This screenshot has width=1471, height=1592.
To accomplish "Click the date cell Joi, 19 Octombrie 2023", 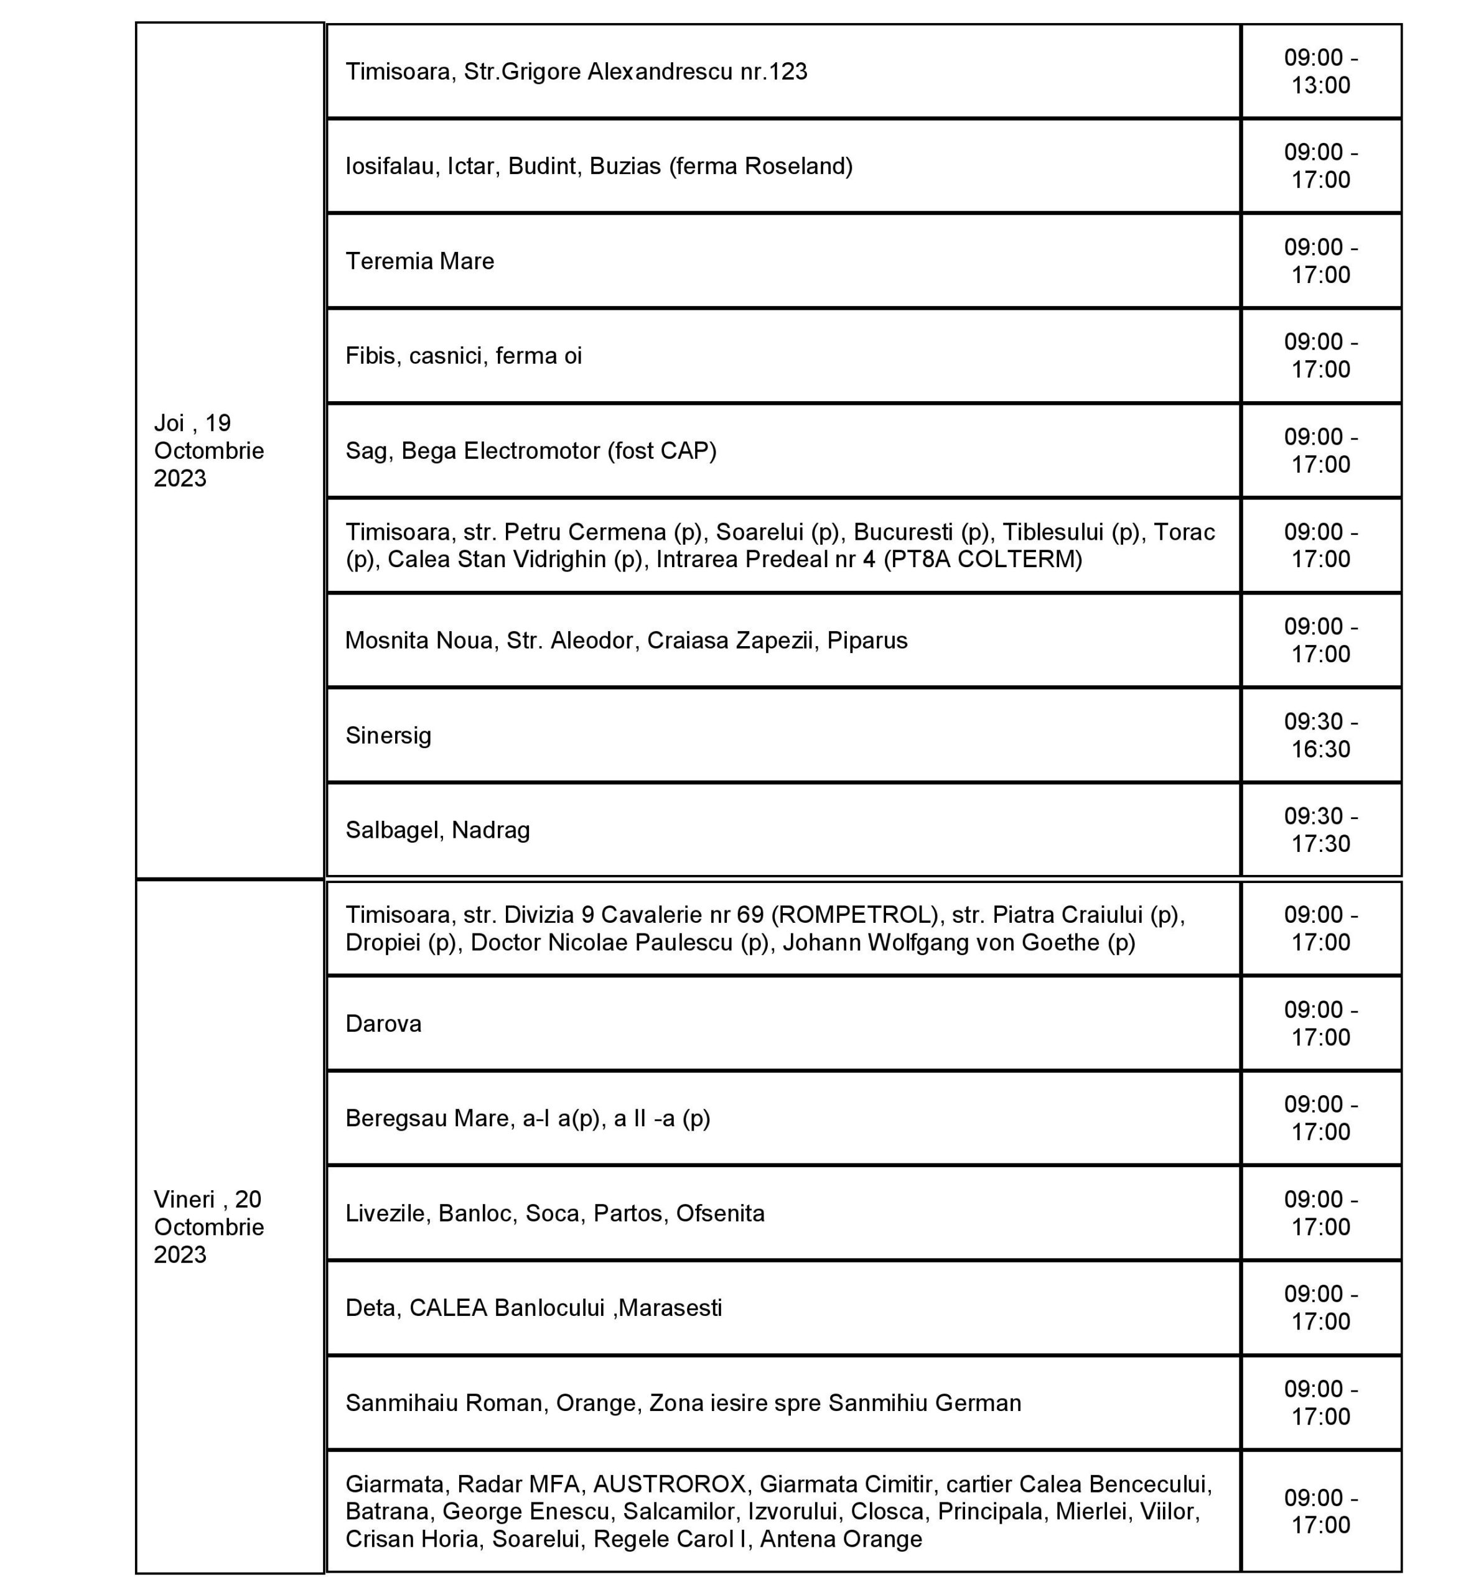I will pos(208,450).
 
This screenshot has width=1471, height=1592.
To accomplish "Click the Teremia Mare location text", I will pos(419,261).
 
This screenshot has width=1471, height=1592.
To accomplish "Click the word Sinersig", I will pos(388,735).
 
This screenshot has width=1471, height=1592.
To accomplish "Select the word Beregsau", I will pos(396,1119).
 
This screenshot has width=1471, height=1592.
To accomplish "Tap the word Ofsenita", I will pos(721,1213).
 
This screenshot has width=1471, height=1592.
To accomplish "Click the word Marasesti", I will pos(670,1308).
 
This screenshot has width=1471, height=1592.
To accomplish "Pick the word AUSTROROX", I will pos(670,1484).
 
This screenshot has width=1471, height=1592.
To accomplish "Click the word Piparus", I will pos(867,641).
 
